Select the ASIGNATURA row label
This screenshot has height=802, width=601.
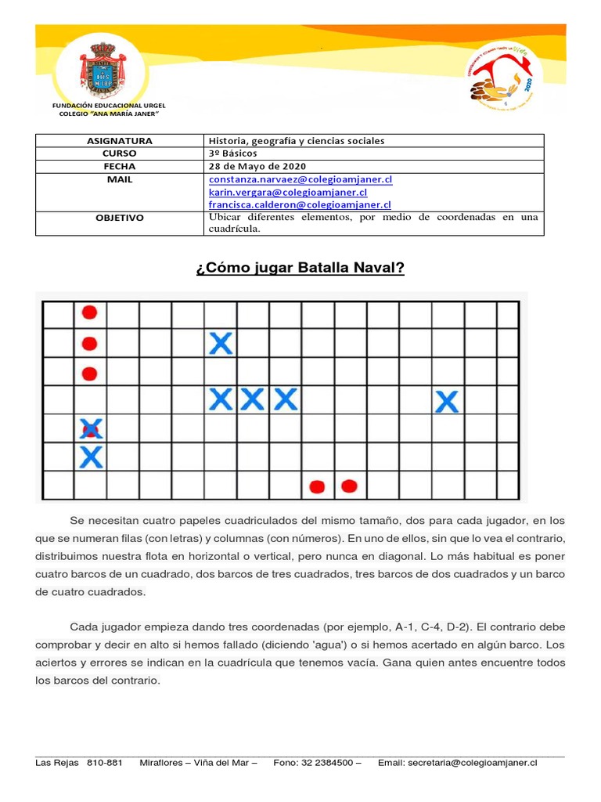point(119,141)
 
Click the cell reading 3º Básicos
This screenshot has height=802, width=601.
point(232,154)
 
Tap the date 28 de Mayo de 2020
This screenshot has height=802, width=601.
point(257,166)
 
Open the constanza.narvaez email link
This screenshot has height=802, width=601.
point(300,179)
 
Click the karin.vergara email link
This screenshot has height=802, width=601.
point(287,192)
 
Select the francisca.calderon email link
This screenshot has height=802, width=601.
point(298,204)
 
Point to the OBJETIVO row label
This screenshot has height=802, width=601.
point(119,218)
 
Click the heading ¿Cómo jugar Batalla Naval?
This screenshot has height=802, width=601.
point(300,269)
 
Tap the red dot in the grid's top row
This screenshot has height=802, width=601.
point(89,313)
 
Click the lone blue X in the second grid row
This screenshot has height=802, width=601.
point(221,343)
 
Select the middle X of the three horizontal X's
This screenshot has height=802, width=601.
point(252,400)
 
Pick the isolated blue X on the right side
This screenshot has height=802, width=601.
point(446,403)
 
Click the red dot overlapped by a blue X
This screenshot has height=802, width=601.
point(92,428)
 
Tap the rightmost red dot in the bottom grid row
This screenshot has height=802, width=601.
point(349,486)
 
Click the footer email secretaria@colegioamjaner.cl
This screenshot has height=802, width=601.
point(473,762)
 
